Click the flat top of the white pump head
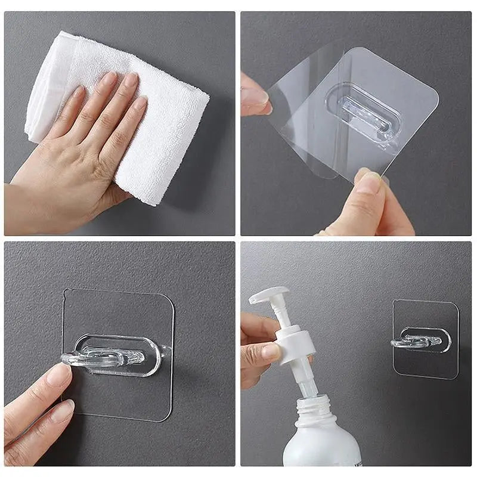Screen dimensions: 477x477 tap(269, 294)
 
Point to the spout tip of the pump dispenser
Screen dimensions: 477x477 tap(253, 299)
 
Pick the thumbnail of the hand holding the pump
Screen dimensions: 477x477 tap(271, 351)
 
